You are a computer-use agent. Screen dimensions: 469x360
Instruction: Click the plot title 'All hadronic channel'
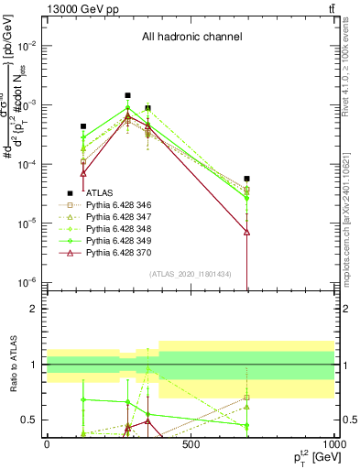click(x=191, y=38)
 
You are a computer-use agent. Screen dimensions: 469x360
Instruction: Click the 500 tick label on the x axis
click(x=190, y=445)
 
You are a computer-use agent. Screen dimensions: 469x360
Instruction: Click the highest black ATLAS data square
click(x=128, y=94)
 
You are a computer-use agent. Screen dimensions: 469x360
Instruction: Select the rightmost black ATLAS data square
click(x=247, y=179)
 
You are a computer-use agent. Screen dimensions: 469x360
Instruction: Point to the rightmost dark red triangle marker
click(x=247, y=232)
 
